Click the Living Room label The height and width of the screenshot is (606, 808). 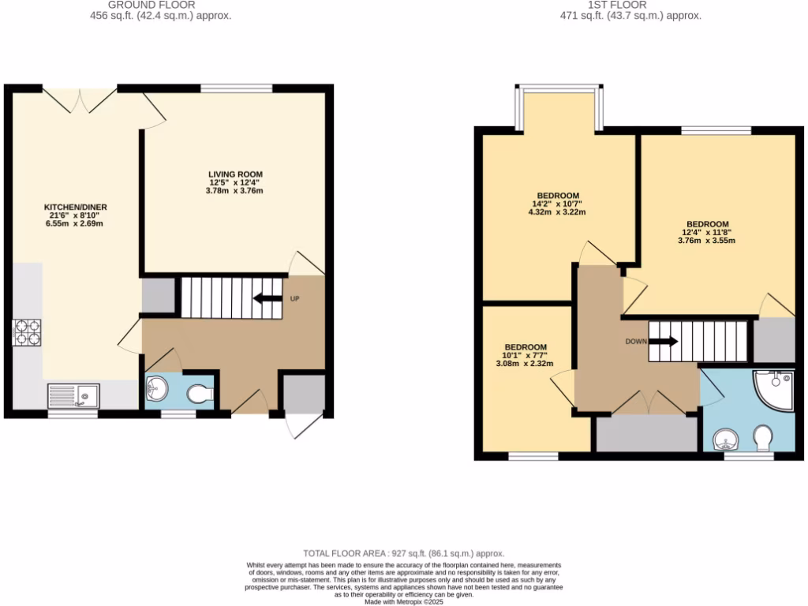(x=235, y=174)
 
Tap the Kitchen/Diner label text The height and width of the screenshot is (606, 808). (x=75, y=208)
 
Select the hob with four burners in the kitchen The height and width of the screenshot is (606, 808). (x=27, y=332)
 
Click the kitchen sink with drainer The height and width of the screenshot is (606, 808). (x=73, y=394)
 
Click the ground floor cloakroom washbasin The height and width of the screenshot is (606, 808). (x=156, y=388)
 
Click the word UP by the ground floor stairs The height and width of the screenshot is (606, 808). (x=295, y=299)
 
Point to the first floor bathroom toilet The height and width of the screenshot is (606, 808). (x=763, y=439)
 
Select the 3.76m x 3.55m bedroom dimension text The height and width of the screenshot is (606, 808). (x=706, y=241)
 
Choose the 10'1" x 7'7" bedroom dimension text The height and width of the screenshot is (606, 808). (x=525, y=356)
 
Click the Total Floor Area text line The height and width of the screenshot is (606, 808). (x=404, y=554)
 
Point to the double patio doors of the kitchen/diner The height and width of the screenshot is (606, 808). (x=79, y=99)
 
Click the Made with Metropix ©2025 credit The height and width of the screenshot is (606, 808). (x=404, y=602)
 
